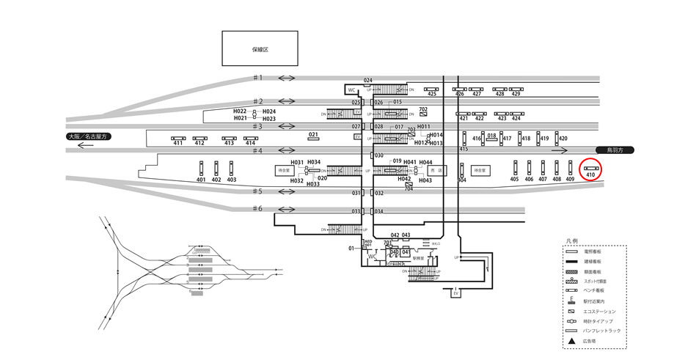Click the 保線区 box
[x=260, y=49]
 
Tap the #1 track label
[x=257, y=78]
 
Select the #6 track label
[x=257, y=208]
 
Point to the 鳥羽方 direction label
[x=614, y=150]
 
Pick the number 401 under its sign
[x=201, y=180]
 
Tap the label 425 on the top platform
[x=432, y=94]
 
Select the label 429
[x=516, y=94]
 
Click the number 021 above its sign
[x=313, y=134]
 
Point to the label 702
[x=423, y=109]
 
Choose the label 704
[x=409, y=189]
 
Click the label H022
[x=240, y=111]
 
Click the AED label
[x=368, y=240]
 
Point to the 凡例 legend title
[x=573, y=240]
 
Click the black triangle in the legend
[x=571, y=341]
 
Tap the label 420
[x=563, y=139]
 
